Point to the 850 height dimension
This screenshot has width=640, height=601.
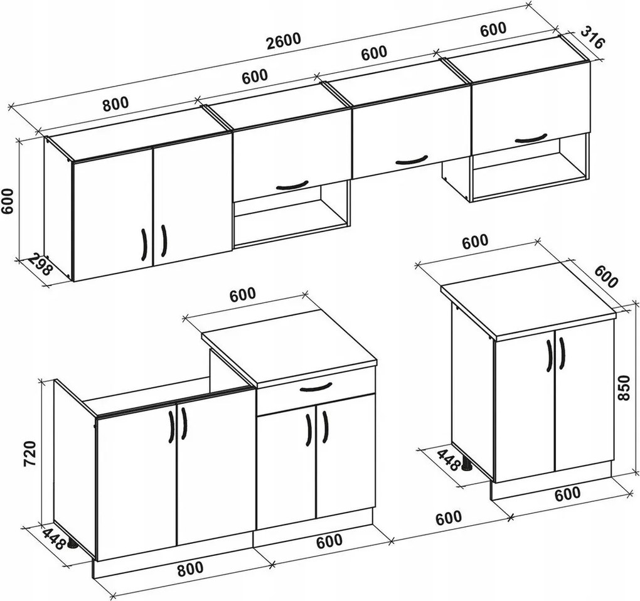(624, 388)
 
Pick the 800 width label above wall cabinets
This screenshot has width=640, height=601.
(115, 104)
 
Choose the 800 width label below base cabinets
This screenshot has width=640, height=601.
(190, 568)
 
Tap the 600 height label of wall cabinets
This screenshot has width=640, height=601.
(8, 201)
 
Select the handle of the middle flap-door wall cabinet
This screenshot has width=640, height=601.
(412, 161)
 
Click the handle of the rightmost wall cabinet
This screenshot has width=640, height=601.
(531, 138)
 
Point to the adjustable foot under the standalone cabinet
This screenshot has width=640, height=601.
(467, 465)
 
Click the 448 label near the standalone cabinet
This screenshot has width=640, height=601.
(448, 460)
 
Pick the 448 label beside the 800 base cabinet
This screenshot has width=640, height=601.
(53, 538)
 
